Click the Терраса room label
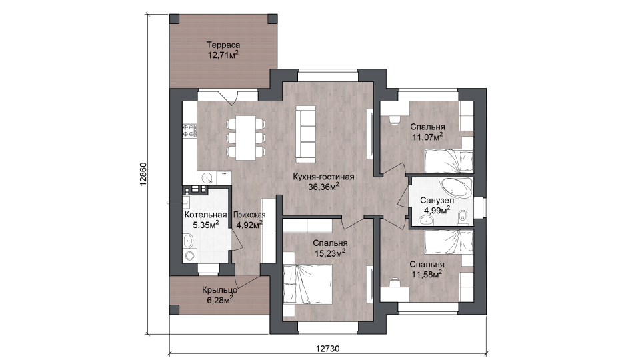[x=223, y=45]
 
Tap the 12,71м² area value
[x=223, y=55]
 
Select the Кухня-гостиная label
[x=323, y=177]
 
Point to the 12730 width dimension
[x=328, y=349]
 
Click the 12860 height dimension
[x=143, y=174]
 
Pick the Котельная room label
[x=206, y=215]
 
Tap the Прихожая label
[x=249, y=215]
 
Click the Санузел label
[x=437, y=201]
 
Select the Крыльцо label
[x=219, y=290]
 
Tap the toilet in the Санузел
[x=463, y=217]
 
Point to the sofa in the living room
[x=306, y=133]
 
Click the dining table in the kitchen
[x=246, y=138]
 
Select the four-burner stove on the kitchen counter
[x=189, y=130]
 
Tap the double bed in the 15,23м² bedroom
[x=307, y=285]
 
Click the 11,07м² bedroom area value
[x=427, y=137]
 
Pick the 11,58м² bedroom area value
[x=427, y=275]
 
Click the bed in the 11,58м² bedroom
[x=449, y=241]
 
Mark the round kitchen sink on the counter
[x=208, y=179]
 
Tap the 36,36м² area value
[x=324, y=187]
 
